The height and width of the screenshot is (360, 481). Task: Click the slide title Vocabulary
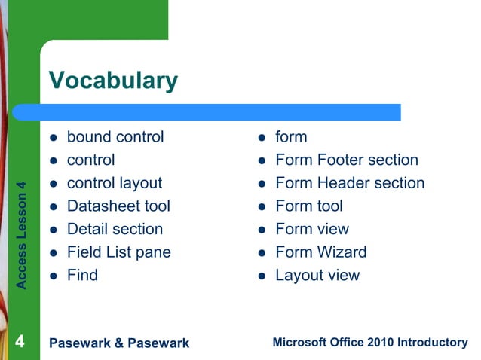pyautogui.click(x=113, y=80)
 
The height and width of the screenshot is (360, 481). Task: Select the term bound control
pyautogui.click(x=115, y=137)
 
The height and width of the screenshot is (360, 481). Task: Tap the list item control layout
pyautogui.click(x=114, y=183)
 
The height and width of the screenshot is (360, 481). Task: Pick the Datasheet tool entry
pyautogui.click(x=118, y=206)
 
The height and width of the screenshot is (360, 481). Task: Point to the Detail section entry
pyautogui.click(x=115, y=229)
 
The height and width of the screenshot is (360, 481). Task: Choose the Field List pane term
pyautogui.click(x=118, y=252)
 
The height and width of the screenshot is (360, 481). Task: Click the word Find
pyautogui.click(x=82, y=275)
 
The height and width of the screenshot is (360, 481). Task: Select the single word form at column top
pyautogui.click(x=291, y=137)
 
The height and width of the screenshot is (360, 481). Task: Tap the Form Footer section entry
pyautogui.click(x=346, y=160)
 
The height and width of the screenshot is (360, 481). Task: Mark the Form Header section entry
pyautogui.click(x=350, y=183)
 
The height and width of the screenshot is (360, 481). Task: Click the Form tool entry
pyautogui.click(x=309, y=206)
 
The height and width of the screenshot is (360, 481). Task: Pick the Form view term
pyautogui.click(x=312, y=229)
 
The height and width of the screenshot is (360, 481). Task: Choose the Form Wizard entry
pyautogui.click(x=321, y=252)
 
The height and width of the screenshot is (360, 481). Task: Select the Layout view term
pyautogui.click(x=317, y=275)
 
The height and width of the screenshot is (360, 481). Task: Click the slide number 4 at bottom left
pyautogui.click(x=20, y=343)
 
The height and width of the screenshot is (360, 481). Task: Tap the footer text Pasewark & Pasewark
pyautogui.click(x=118, y=343)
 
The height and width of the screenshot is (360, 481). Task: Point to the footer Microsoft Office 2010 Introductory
pyautogui.click(x=369, y=343)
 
